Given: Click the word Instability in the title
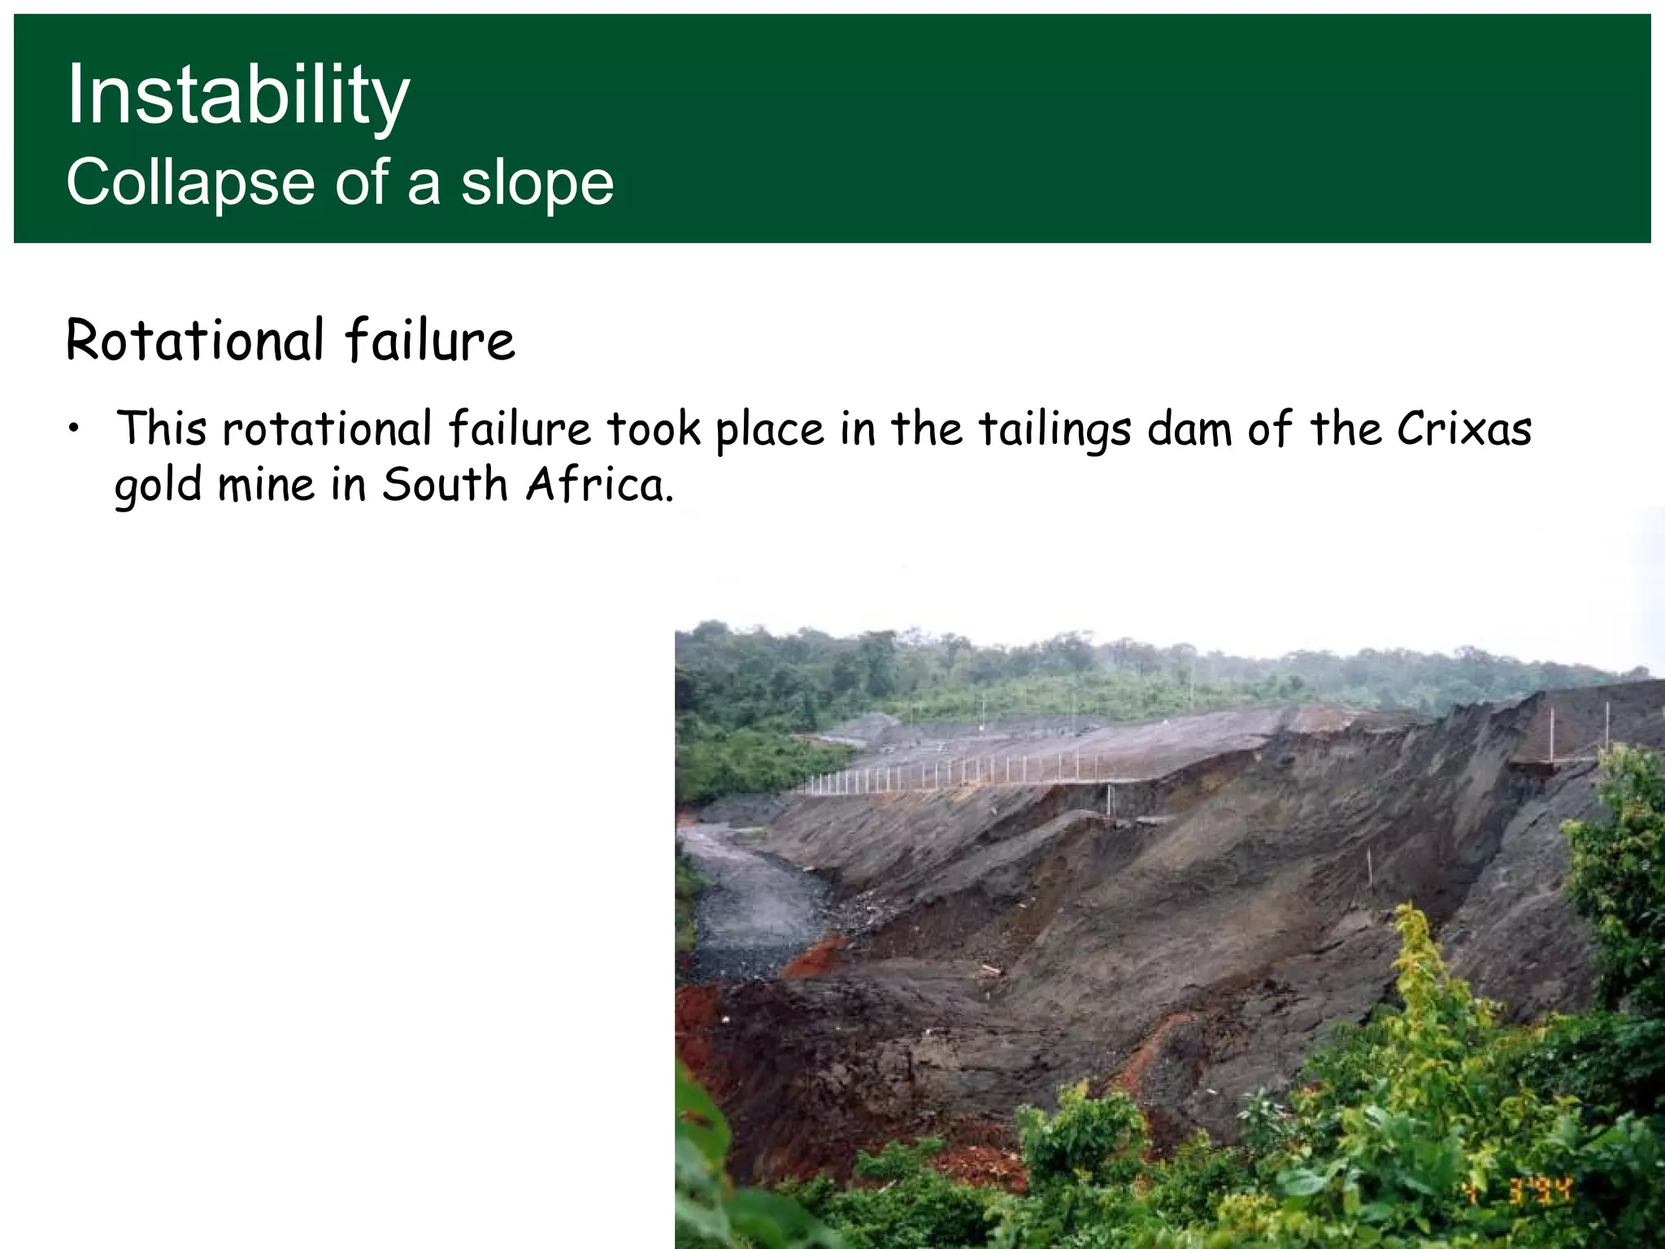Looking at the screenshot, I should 237,96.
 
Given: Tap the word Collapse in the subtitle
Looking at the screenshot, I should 189,183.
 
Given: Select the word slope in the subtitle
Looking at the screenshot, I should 537,183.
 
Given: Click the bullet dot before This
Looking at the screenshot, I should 74,429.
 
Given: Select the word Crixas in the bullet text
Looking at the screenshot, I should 1464,429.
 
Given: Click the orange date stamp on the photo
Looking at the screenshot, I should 1519,1191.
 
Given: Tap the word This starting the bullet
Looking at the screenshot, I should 162,429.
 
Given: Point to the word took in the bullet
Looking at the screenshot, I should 654,429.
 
